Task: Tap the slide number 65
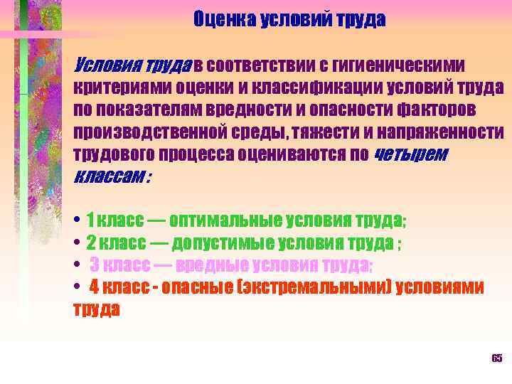[x=496, y=357]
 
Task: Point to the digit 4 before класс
[x=94, y=287]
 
